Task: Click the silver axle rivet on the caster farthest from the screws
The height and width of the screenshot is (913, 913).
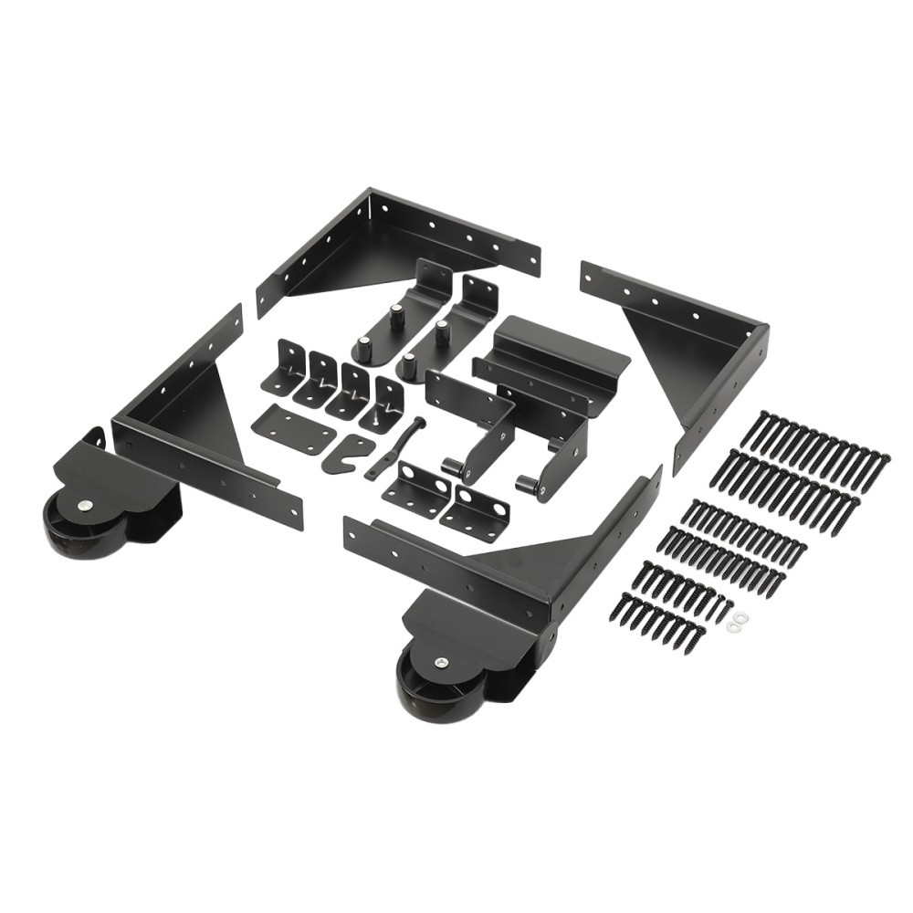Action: [x=84, y=506]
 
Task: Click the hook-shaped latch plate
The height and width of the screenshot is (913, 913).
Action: [x=347, y=451]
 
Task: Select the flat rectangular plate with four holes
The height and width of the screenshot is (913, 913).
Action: [x=291, y=428]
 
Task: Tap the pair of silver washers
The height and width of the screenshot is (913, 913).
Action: [x=737, y=622]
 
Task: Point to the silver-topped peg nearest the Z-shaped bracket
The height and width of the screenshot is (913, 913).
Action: [x=443, y=331]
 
